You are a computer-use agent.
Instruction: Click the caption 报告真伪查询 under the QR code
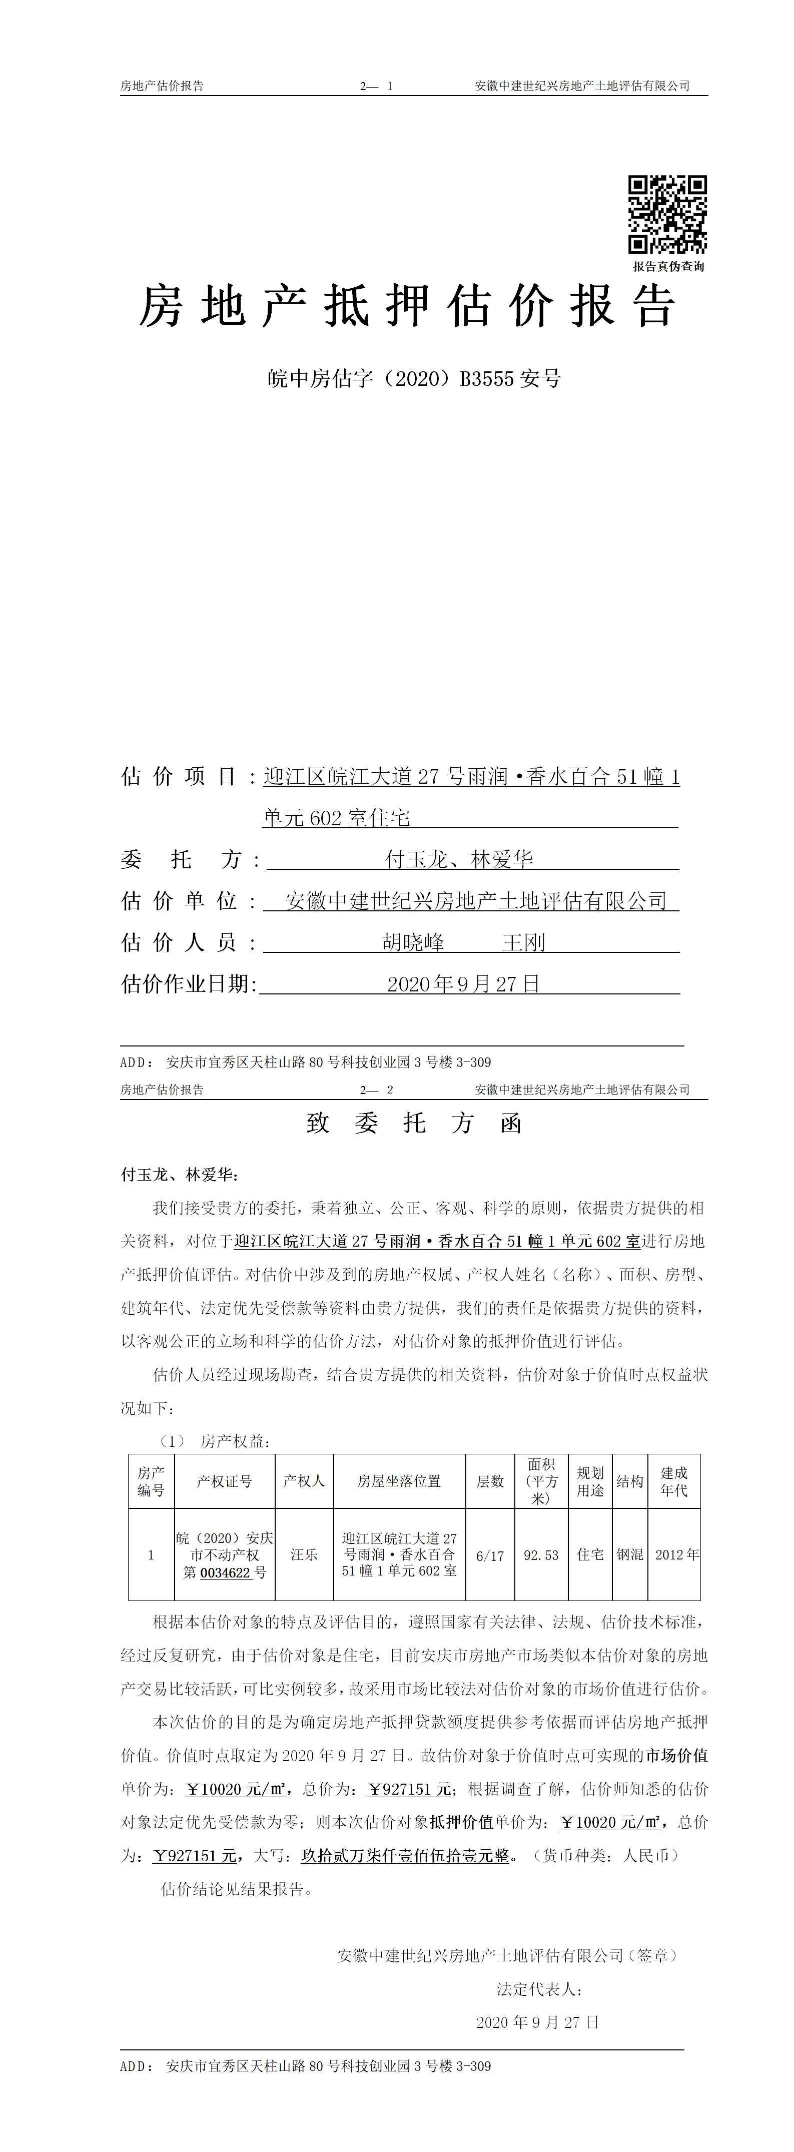(x=668, y=266)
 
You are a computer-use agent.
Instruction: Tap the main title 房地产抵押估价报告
(x=407, y=306)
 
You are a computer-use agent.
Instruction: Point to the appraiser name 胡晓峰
(x=413, y=943)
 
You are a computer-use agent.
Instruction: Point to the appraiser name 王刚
(x=523, y=943)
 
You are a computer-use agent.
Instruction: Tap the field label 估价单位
(x=180, y=901)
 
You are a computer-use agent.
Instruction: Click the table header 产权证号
(x=224, y=1481)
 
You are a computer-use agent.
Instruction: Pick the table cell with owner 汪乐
(x=304, y=1554)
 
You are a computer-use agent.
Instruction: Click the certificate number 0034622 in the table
(x=226, y=1572)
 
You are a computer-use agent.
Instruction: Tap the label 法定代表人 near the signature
(x=538, y=1989)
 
